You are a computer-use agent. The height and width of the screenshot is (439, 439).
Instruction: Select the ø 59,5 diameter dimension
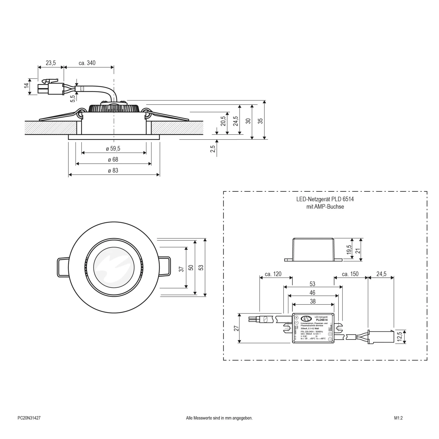113,149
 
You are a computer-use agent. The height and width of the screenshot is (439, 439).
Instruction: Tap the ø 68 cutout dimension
113,160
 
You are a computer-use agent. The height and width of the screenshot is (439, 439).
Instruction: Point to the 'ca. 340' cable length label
87,63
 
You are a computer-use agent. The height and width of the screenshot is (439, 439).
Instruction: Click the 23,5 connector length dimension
51,63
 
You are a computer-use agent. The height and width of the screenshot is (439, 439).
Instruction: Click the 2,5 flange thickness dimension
213,149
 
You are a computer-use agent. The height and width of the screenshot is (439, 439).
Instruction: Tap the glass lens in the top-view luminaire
114,267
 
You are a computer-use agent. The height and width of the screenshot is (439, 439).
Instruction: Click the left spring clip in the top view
63,267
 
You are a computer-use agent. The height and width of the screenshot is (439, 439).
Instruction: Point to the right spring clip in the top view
165,266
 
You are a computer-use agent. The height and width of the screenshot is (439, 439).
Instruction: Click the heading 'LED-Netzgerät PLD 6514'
325,199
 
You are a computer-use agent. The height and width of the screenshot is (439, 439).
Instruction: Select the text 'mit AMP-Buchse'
325,207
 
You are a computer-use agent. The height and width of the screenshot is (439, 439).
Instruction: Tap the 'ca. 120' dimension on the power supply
273,274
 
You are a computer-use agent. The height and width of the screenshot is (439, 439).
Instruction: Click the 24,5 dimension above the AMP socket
381,274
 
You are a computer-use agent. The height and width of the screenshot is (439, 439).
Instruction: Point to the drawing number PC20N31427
29,418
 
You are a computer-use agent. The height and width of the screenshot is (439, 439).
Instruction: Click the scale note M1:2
398,418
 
